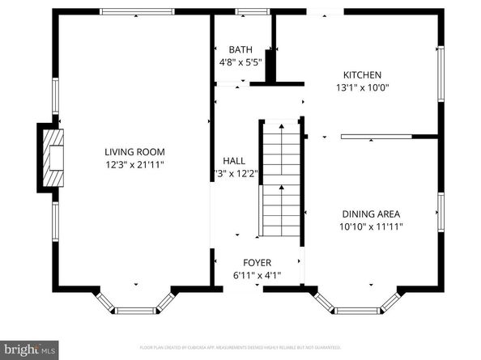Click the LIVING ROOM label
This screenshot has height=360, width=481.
pos(134,151)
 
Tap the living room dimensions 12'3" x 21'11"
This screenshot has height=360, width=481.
pos(134,164)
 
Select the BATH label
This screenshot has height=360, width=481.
pos(240,49)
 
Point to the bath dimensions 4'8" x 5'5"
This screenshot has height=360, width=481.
pos(240,61)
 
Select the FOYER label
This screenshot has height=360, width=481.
pos(258,263)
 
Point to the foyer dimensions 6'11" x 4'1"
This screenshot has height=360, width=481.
pos(258,276)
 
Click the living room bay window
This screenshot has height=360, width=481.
pos(135,306)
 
